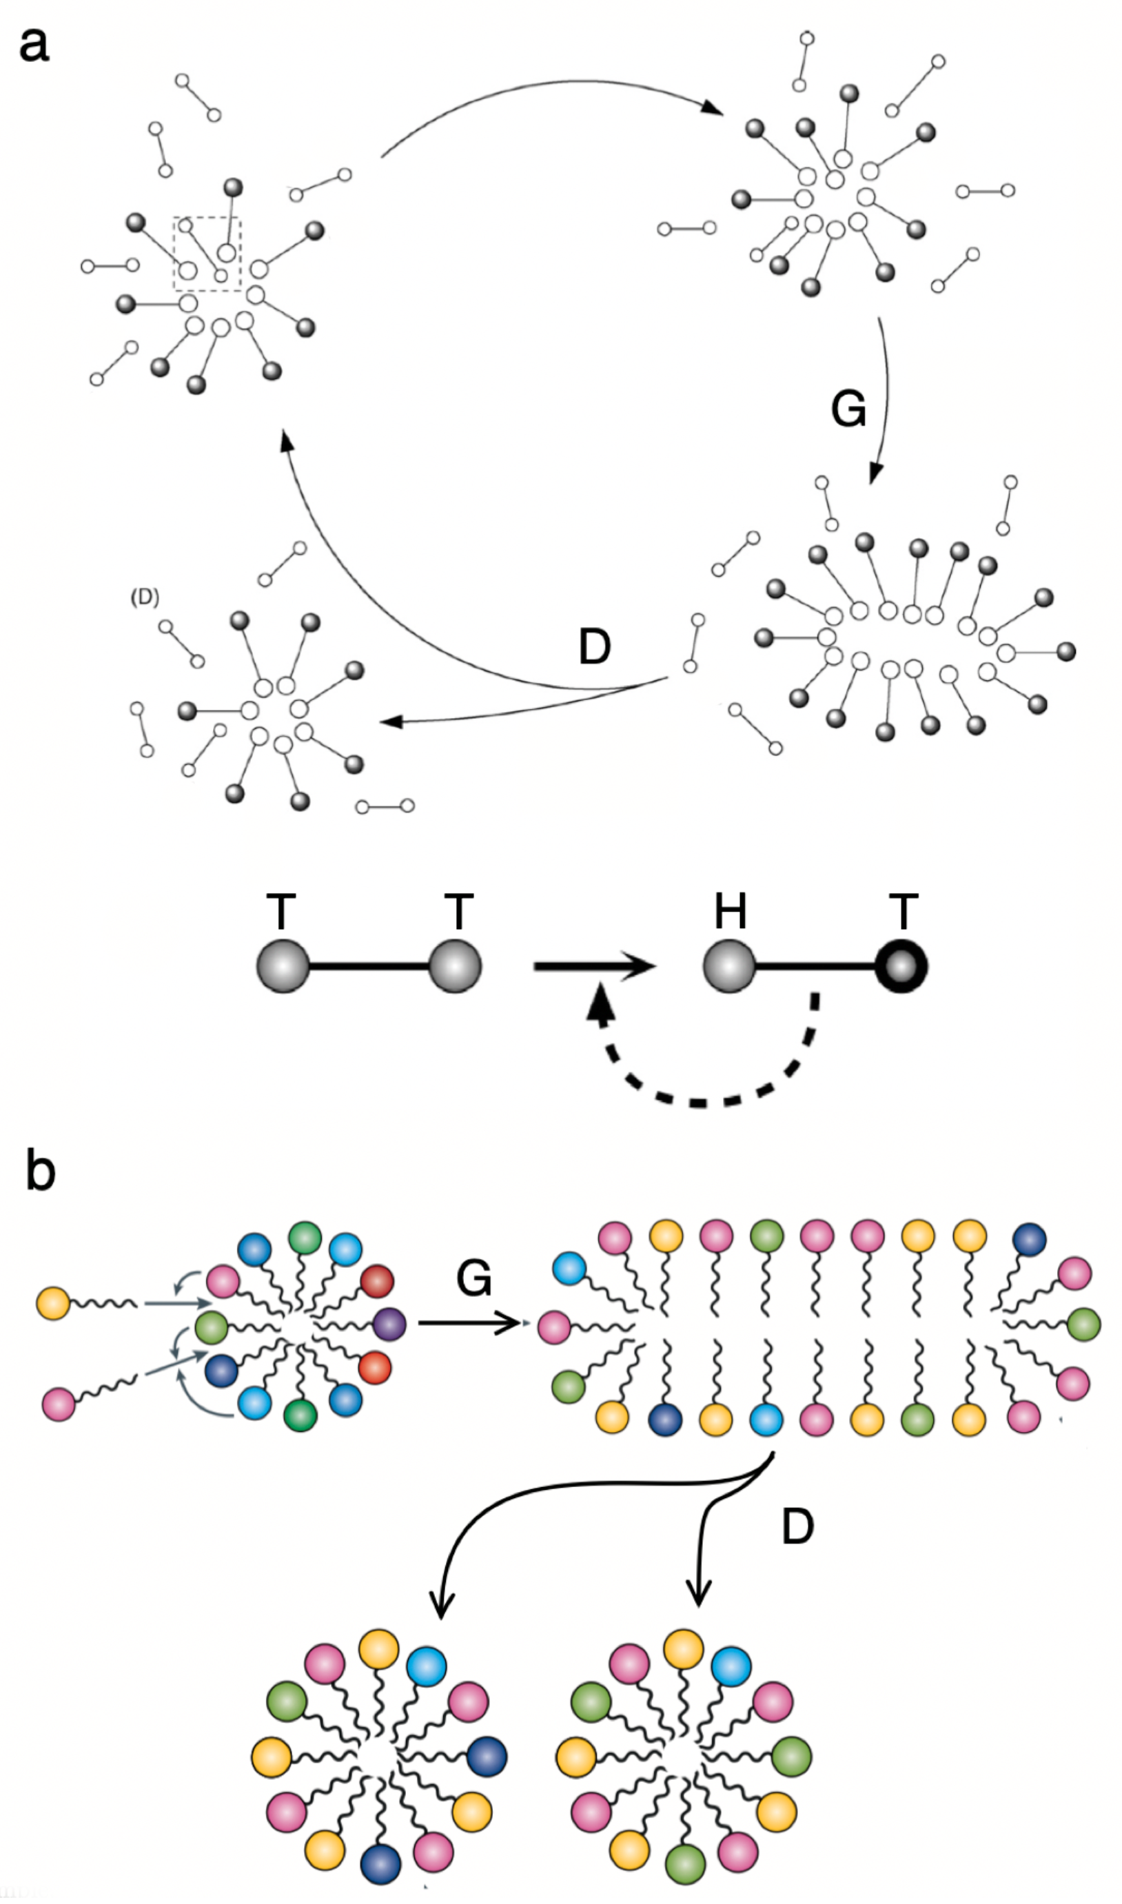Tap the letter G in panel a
[848, 409]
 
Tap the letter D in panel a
[594, 648]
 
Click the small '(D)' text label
[145, 598]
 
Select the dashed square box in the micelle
[207, 254]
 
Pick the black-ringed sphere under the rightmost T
[901, 967]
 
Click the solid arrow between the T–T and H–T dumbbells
[593, 967]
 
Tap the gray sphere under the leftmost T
[283, 967]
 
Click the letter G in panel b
[474, 1279]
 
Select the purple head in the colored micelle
[389, 1324]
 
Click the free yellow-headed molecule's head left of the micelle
[53, 1304]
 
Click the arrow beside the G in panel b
[469, 1324]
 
